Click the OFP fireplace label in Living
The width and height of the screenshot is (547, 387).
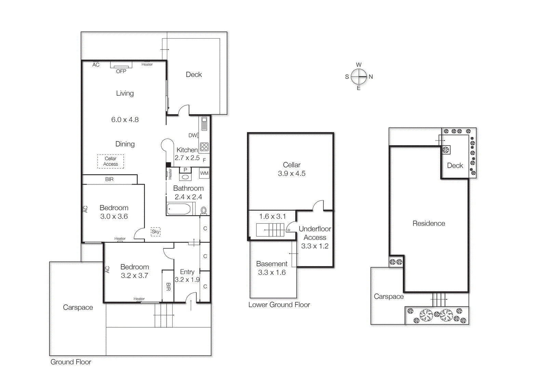121,71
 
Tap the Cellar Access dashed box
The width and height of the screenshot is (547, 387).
110,161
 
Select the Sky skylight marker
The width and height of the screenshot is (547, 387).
156,232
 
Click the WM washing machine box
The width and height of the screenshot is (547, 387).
204,173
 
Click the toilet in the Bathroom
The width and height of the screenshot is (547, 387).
204,210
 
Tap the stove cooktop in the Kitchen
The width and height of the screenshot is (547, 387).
204,147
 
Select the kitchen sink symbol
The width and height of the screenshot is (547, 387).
204,124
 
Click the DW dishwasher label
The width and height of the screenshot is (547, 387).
192,135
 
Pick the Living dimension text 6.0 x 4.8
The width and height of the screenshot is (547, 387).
125,120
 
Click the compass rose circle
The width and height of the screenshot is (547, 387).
359,77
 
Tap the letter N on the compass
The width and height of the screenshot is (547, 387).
371,77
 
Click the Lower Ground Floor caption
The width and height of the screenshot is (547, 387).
279,305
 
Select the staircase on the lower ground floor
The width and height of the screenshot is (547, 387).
270,230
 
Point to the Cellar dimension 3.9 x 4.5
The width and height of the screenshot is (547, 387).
292,174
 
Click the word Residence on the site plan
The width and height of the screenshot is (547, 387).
429,223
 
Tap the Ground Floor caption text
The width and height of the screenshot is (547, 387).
71,362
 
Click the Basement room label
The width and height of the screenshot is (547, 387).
272,264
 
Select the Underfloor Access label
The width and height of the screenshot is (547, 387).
315,233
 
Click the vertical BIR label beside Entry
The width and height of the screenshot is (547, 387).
168,287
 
